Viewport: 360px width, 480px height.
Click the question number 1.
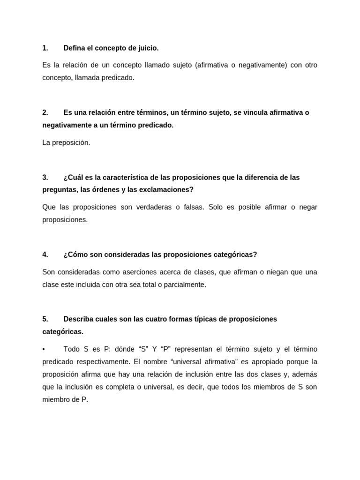45,48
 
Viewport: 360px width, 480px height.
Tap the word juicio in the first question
148,48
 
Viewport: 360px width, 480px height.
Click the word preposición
70,142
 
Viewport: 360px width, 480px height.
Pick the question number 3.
45,177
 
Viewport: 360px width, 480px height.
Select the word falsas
192,207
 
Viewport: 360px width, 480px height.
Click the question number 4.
45,255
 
